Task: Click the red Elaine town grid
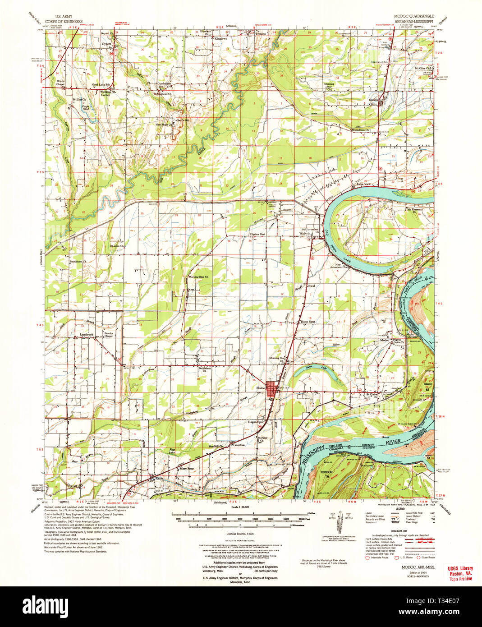tap(272, 389)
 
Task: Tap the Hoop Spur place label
tap(308, 322)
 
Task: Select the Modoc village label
tap(385, 340)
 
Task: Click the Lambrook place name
tap(86, 334)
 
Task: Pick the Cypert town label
tap(106, 44)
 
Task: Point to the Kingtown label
tap(220, 39)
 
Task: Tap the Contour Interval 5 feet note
tap(241, 534)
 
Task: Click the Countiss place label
tap(239, 444)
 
